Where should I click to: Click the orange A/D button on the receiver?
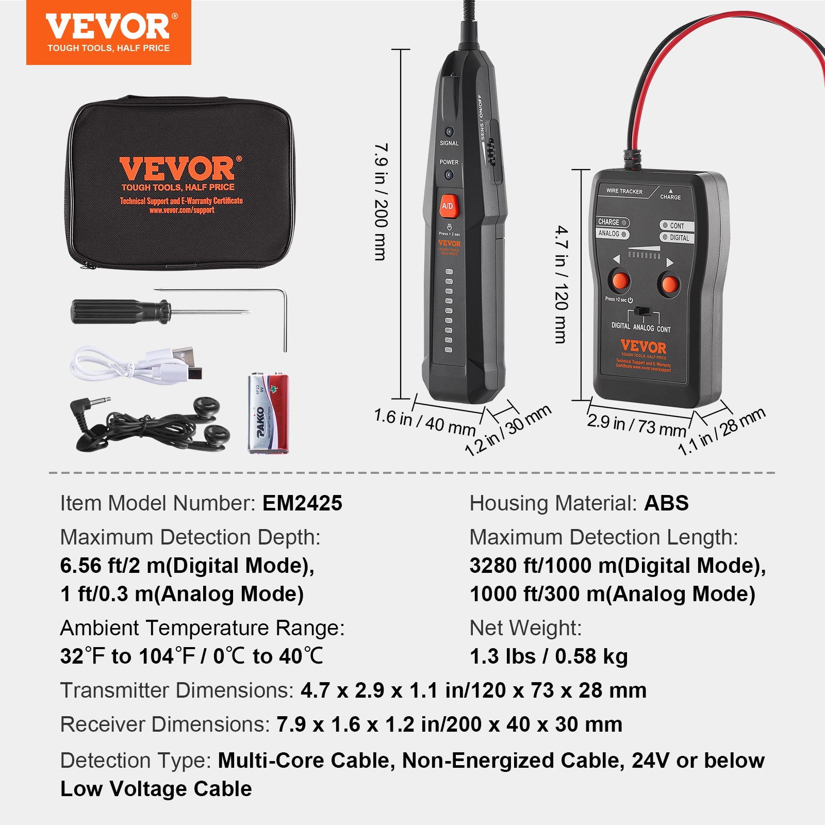[448, 206]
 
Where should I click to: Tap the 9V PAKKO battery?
[268, 414]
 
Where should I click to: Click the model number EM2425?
[302, 503]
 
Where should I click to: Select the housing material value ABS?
[666, 503]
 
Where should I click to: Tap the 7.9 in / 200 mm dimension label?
[381, 201]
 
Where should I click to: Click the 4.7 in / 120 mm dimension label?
[562, 284]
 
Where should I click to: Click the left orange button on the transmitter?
[620, 282]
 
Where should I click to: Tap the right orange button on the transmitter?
[669, 284]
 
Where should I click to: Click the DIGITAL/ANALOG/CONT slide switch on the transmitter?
[642, 311]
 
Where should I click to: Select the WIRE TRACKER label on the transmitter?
[624, 191]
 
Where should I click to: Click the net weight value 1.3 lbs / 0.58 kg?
[549, 656]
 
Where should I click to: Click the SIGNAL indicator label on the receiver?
[449, 143]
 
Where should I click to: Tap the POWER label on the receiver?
[449, 162]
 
